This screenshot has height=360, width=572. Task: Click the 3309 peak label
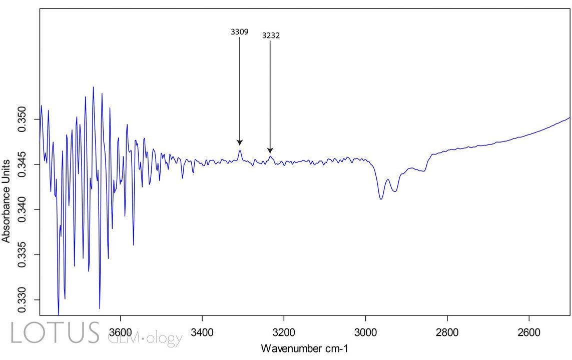pos(239,31)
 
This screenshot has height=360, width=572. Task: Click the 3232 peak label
pos(270,36)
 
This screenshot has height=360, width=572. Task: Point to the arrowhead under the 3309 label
pos(240,142)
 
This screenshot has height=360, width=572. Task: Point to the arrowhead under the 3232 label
pos(270,150)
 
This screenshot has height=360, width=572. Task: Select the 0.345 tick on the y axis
pos(23,164)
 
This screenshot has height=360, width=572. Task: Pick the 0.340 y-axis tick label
pos(23,209)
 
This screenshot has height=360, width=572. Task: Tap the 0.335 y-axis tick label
pos(23,254)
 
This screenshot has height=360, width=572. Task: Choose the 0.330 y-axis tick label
pos(23,300)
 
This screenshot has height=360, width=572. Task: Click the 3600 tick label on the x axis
pos(120,332)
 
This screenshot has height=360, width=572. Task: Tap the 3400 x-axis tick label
pos(202,332)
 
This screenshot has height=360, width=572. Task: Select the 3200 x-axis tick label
pos(284,332)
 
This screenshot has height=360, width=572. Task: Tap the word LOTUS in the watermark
pos(55,333)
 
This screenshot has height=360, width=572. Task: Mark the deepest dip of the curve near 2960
pos(381,199)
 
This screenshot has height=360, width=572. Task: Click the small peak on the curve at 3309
pos(240,150)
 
